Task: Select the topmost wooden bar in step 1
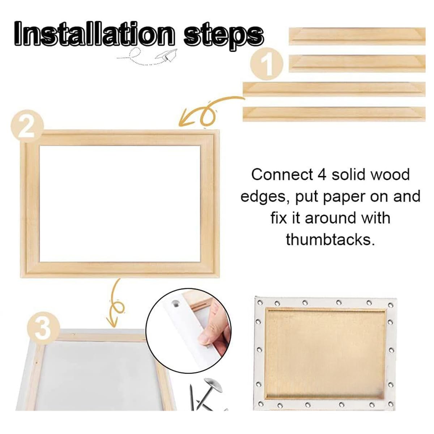click(357, 36)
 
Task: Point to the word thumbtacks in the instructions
click(329, 239)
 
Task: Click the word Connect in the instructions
click(282, 175)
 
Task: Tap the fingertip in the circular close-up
click(212, 336)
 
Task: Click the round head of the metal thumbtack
click(210, 384)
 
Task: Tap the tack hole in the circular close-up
click(176, 301)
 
